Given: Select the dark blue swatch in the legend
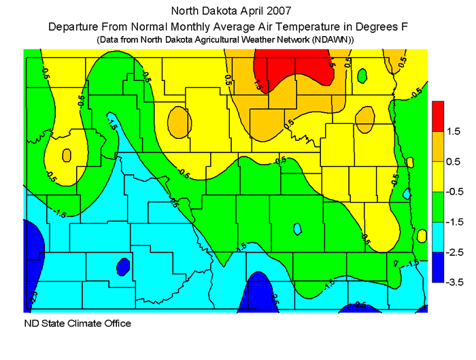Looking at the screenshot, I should click(439, 267).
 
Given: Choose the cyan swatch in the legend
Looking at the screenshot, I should click(439, 237).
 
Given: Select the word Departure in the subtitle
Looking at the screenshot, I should click(75, 27).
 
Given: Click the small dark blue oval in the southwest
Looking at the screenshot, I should click(123, 266).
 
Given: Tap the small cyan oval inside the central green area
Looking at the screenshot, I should click(297, 229).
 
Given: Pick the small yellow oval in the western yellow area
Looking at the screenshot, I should click(66, 155).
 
